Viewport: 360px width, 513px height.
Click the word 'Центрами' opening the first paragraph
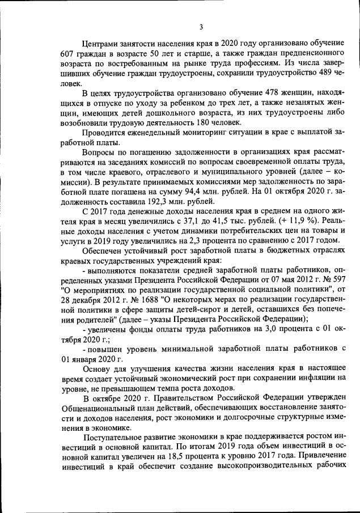(x=100, y=44)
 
